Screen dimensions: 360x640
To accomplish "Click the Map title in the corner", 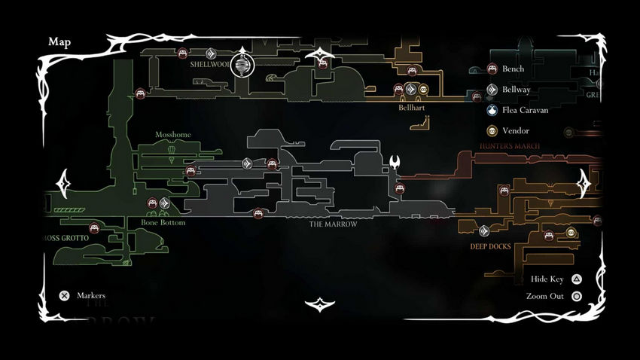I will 59,42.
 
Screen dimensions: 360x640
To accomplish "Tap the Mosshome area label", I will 173,135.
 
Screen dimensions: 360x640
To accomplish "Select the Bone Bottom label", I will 163,223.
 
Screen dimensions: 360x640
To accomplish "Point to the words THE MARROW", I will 333,224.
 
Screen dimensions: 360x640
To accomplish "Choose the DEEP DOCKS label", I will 490,246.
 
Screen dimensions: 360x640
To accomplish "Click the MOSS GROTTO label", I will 64,238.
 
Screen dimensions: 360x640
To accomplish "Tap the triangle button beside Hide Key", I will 577,279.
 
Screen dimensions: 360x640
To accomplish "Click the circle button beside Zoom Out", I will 577,296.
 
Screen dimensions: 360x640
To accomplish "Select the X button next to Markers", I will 65,296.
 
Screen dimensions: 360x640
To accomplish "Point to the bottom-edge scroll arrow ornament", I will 321,304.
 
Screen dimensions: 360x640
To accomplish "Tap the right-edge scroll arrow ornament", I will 584,182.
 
